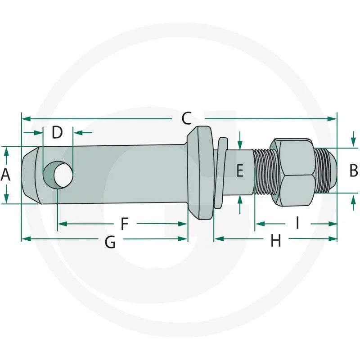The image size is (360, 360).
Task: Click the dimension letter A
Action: [5, 175]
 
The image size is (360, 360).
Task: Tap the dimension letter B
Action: [354, 171]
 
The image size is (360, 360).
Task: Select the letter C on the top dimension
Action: [187, 118]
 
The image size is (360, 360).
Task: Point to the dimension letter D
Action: [57, 132]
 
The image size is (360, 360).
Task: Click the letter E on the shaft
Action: [240, 171]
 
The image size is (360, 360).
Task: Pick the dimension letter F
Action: [125, 224]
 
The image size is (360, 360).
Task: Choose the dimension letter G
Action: [110, 242]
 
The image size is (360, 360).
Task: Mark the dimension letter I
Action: [297, 223]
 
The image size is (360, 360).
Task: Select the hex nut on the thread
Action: [292, 172]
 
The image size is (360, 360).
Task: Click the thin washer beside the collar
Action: [222, 173]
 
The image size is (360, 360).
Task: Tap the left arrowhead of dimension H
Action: [219, 239]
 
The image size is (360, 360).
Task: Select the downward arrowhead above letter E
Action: [240, 145]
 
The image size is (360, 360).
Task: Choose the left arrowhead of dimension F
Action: [63, 224]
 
